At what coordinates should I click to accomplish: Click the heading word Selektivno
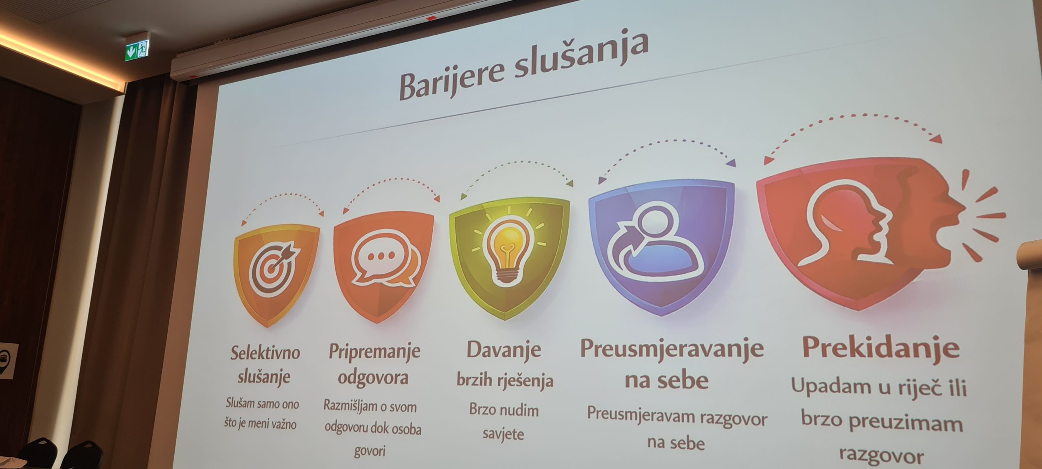265,353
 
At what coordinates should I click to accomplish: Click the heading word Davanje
504,350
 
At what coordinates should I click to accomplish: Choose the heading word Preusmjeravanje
672,349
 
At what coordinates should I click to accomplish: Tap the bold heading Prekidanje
881,348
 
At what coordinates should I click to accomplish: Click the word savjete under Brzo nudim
503,434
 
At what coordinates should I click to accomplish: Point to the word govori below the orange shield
370,451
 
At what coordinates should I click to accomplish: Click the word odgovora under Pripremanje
373,377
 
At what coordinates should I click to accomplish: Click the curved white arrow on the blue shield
624,249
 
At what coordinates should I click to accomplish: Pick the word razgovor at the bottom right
882,456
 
